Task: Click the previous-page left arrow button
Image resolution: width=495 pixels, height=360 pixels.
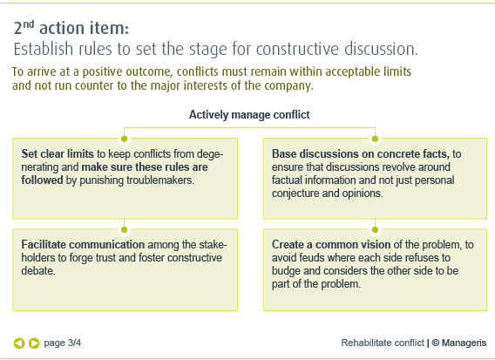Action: click(x=19, y=343)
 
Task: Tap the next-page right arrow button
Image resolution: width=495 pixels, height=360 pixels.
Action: click(x=34, y=343)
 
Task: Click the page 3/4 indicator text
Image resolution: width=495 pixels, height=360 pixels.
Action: click(x=62, y=343)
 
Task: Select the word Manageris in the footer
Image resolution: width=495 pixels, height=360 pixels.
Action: click(x=464, y=343)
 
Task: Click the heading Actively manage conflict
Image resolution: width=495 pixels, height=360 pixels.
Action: click(x=249, y=115)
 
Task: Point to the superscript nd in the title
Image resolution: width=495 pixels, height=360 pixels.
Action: click(x=29, y=24)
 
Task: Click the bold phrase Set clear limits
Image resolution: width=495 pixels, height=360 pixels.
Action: click(x=58, y=153)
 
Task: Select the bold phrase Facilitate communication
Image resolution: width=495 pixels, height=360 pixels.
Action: click(x=83, y=244)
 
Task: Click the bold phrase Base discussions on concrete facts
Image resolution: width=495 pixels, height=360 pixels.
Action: click(x=361, y=153)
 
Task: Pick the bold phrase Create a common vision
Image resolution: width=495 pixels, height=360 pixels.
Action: click(x=331, y=244)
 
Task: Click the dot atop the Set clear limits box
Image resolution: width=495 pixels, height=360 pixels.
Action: click(x=124, y=139)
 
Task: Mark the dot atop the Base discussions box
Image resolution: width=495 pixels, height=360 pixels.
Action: click(x=375, y=139)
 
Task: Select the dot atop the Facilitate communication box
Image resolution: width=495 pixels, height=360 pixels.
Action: click(x=124, y=230)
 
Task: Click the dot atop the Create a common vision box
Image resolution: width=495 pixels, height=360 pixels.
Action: click(x=375, y=230)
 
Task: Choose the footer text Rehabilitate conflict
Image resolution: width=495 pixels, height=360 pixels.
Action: click(x=383, y=343)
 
